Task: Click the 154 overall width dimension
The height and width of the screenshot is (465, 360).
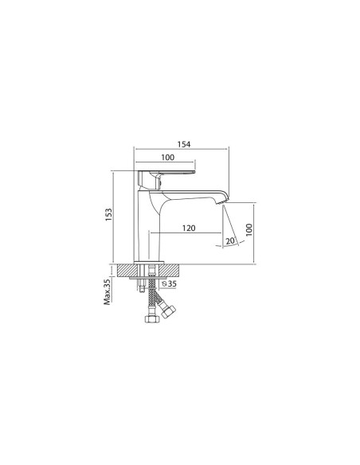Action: tap(184, 144)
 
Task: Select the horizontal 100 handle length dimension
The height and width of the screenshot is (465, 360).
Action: tap(168, 158)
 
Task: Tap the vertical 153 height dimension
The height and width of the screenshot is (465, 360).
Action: tap(109, 215)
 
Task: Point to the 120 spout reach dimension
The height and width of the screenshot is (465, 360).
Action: tap(189, 228)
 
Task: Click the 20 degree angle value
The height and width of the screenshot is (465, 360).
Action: tap(230, 241)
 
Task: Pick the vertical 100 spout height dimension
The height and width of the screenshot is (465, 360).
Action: tap(248, 230)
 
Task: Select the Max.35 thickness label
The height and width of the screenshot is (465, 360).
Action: tap(107, 291)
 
